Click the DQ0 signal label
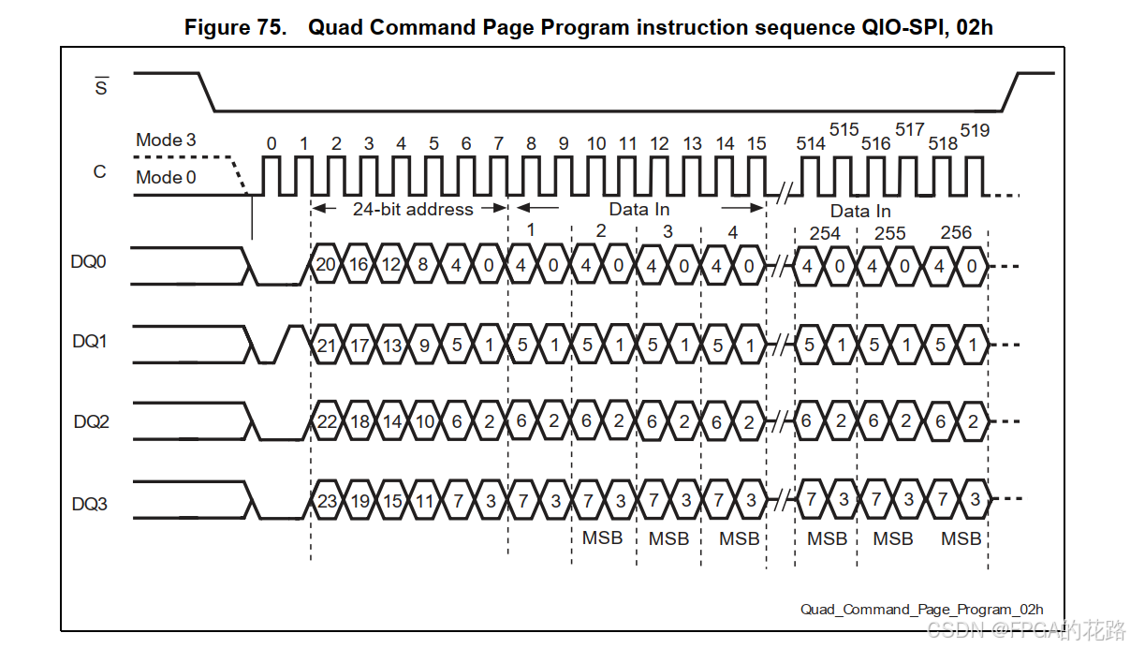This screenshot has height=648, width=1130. pos(89,262)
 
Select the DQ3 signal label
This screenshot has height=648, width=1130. pos(89,504)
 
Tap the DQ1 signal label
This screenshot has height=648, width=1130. pos(89,342)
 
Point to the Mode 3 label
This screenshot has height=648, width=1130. pos(166,140)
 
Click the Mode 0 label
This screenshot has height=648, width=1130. pos(166,177)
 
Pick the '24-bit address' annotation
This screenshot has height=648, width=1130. pos(412,210)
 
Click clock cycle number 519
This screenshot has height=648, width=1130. pos(974,130)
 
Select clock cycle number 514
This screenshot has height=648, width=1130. pos(811,143)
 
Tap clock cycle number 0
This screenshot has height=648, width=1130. pos(271,143)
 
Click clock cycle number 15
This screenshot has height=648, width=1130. pos(756,143)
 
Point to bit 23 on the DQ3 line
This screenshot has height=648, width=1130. pos(326,501)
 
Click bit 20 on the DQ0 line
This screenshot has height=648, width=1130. pos(326,265)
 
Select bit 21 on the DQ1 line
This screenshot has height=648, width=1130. pos(326,346)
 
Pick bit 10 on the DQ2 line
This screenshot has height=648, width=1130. pos(424,422)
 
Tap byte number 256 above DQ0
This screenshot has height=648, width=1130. pos(956,232)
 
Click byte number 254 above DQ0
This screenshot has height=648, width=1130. pos(825,233)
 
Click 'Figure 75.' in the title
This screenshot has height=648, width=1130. pos(235,27)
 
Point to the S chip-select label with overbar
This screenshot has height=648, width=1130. pos(101,89)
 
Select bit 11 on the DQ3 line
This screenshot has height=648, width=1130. pos(424,501)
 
